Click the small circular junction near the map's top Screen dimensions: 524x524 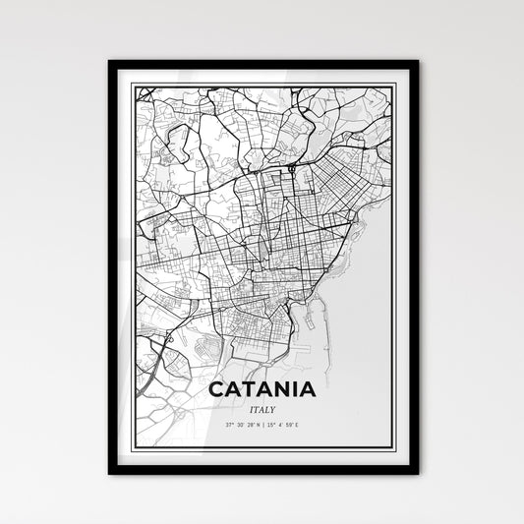click(x=292, y=171)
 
